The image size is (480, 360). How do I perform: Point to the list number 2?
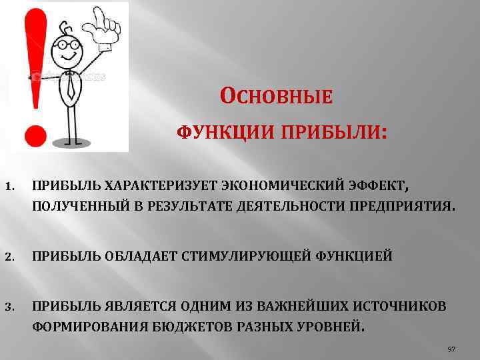pos(9,256)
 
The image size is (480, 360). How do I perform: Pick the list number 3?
pos(9,306)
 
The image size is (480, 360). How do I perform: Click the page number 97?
pos(451,349)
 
